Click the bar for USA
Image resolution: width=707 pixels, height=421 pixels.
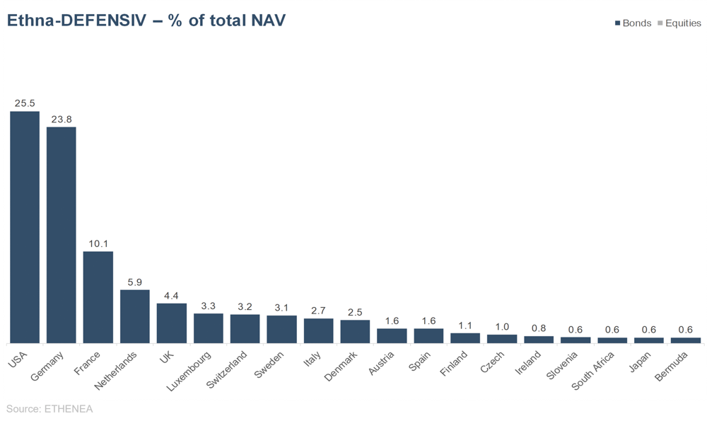(25, 227)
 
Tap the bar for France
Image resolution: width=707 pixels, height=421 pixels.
(98, 297)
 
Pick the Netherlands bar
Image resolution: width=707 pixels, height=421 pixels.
(135, 316)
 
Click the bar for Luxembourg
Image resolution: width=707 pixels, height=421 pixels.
(209, 328)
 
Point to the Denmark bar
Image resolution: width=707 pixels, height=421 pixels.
(355, 331)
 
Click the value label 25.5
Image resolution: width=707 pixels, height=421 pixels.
(25, 103)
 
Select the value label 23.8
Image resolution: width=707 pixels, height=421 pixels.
(62, 119)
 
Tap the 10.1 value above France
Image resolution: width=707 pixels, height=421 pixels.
(98, 243)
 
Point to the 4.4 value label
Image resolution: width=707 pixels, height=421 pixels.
(172, 295)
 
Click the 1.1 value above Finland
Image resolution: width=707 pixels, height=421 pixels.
(465, 325)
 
